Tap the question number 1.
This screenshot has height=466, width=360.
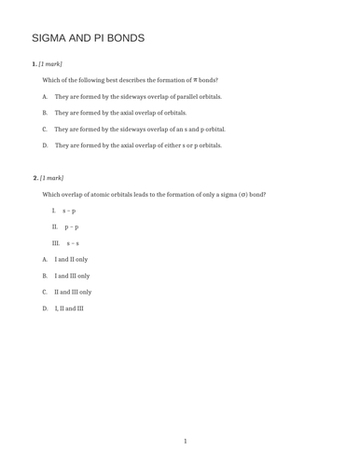(x=35, y=63)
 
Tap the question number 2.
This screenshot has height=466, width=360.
(x=35, y=177)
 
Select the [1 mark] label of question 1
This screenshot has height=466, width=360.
(x=50, y=63)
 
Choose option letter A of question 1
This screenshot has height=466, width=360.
(x=45, y=97)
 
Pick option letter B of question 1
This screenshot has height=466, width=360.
(x=45, y=113)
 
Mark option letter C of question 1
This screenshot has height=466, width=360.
(x=45, y=130)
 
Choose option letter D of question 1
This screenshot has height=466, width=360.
(x=45, y=146)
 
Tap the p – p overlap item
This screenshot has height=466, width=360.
(x=71, y=226)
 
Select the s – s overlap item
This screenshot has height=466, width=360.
(x=72, y=243)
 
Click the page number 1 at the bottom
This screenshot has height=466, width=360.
(x=185, y=441)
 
